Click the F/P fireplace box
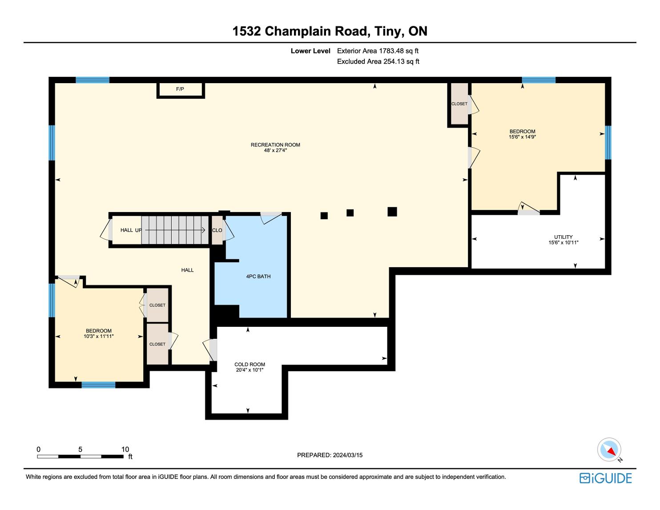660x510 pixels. click(x=181, y=90)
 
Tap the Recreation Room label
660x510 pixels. click(x=275, y=145)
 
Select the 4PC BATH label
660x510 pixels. click(x=258, y=276)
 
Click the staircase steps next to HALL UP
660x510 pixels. click(x=175, y=230)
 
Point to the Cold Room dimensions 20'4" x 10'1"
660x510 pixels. click(x=250, y=370)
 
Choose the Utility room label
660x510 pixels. click(x=563, y=237)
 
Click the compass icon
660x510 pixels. click(x=609, y=450)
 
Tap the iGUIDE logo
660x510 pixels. click(x=605, y=478)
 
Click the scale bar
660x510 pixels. click(x=80, y=457)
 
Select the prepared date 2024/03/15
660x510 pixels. click(x=347, y=455)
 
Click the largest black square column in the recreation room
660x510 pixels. click(x=392, y=212)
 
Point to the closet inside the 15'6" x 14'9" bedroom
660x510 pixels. click(x=459, y=104)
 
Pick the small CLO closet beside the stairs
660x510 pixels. click(x=217, y=230)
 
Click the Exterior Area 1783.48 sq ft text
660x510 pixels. click(x=378, y=51)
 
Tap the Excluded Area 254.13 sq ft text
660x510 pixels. click(x=378, y=61)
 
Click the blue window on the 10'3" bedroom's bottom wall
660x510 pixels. click(x=98, y=385)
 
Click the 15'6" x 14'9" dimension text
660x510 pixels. click(x=522, y=137)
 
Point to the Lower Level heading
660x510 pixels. click(x=310, y=51)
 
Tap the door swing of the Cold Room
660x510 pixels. click(x=209, y=350)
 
